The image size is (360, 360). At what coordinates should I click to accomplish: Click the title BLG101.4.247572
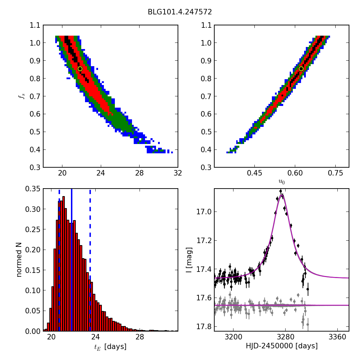[180, 12]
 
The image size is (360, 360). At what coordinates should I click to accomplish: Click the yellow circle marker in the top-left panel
[80, 69]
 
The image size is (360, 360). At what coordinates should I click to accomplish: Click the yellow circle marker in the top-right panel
[301, 69]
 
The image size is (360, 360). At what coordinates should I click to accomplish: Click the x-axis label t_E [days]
[110, 347]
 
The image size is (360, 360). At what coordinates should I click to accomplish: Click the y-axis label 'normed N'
[19, 260]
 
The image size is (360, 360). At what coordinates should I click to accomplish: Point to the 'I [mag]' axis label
[189, 260]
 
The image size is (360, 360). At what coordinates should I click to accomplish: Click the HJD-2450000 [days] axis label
[281, 346]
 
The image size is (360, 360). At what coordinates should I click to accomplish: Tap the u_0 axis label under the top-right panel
[281, 182]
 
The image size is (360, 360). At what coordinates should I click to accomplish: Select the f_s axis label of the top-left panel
[22, 96]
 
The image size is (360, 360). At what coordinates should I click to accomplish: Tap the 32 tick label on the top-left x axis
[178, 173]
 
